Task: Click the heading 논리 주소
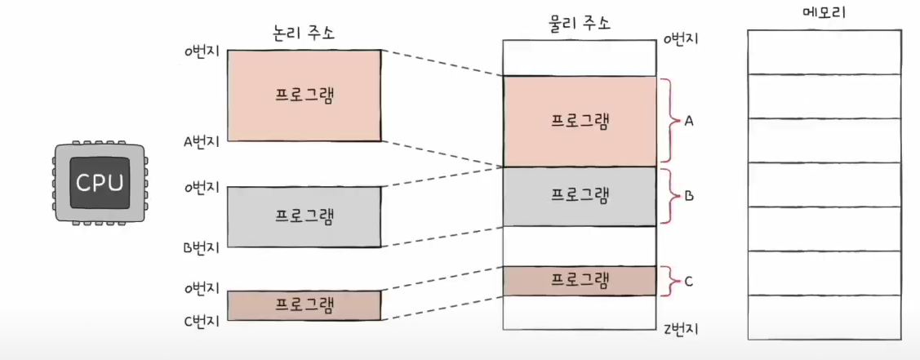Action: pos(303,33)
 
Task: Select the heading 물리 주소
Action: pos(579,24)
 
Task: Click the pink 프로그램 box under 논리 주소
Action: pos(304,95)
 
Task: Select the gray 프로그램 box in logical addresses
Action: pos(304,216)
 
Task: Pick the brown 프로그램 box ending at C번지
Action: pos(304,305)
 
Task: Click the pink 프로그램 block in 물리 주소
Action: pos(580,121)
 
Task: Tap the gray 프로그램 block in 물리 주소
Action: pos(580,196)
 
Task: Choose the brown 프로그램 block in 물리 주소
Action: pos(580,281)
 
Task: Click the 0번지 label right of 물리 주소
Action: pos(682,39)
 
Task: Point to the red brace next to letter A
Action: pos(672,121)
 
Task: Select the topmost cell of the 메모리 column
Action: pos(824,51)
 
